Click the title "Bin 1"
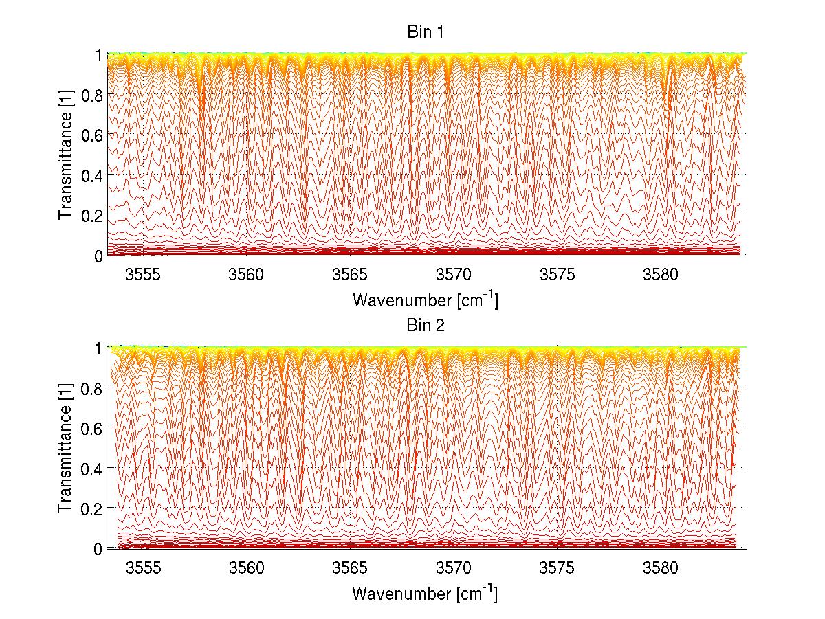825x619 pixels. [425, 32]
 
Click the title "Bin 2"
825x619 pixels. [425, 325]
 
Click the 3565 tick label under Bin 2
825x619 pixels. [351, 569]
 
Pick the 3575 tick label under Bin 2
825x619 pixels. [558, 569]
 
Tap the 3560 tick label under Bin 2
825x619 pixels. [247, 569]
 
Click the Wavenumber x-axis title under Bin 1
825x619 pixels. [425, 300]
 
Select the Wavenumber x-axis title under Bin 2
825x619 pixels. [425, 593]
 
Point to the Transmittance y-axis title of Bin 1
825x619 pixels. [66, 155]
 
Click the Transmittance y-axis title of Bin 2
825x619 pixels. [66, 448]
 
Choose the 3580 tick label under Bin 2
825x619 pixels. [661, 569]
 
